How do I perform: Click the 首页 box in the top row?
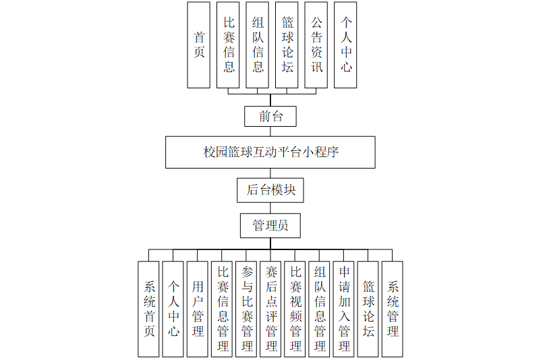coord(199,44)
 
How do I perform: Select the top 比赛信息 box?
coord(229,44)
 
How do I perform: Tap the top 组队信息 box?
coord(258,44)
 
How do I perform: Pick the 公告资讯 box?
coord(316,44)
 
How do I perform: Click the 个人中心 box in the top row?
coord(346,44)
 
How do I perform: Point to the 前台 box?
coord(270,116)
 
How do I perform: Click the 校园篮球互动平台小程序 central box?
coord(270,152)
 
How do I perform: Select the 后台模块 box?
coord(270,189)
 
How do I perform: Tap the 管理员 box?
coord(270,225)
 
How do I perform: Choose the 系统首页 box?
coord(149,309)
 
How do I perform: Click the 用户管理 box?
coord(198,309)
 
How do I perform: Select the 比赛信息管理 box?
coord(222,309)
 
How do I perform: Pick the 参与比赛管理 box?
coord(246,309)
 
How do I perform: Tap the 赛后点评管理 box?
coord(270,309)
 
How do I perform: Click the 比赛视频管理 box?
coord(295,309)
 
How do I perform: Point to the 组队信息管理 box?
coord(319,309)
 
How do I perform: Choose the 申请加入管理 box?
coord(343,309)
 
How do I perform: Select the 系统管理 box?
coord(392,309)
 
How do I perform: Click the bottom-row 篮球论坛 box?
coord(368,309)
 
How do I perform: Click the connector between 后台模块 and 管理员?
coord(270,207)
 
